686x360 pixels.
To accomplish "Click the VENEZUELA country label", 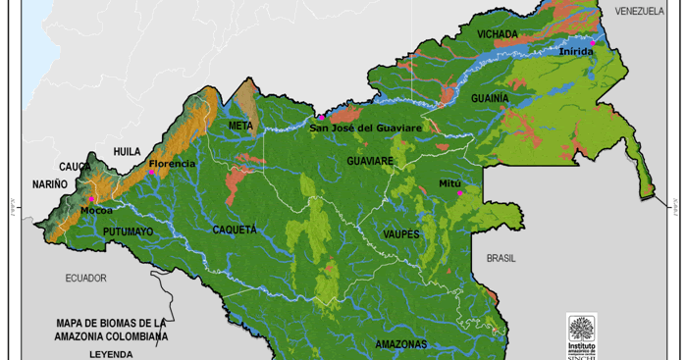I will (x=640, y=11).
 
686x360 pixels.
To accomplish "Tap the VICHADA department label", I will (x=497, y=35).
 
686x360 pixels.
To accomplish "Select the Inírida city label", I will (x=576, y=52).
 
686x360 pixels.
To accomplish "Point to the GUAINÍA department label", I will (x=490, y=99).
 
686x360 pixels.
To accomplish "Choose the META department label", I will (x=240, y=126).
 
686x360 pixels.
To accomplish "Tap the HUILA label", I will (x=128, y=151).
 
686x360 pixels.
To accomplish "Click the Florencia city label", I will (x=173, y=163).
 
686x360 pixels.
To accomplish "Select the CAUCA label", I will (x=75, y=167).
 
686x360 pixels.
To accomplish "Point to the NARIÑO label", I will (x=49, y=183).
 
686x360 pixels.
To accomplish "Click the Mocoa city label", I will (x=96, y=210).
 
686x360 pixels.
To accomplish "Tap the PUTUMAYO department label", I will (x=128, y=231).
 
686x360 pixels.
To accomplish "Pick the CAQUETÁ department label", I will (x=235, y=229).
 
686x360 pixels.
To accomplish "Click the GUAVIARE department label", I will (x=370, y=160).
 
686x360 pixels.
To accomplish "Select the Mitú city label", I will (x=449, y=183).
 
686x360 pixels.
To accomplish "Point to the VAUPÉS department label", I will (x=401, y=234).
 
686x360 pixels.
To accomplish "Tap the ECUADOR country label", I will (x=85, y=278).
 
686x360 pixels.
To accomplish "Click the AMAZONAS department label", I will (x=401, y=344).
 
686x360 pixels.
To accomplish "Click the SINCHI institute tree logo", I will (x=582, y=329).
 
